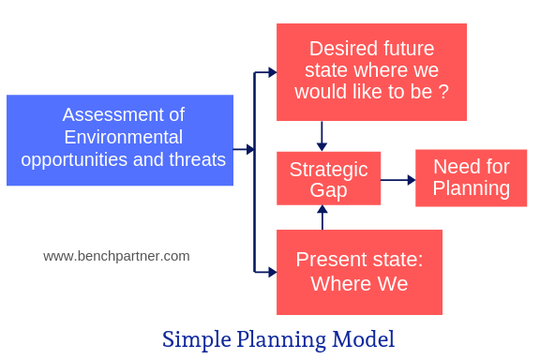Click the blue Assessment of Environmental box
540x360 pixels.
(120, 140)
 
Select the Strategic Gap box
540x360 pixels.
(328, 178)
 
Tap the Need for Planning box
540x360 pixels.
(471, 177)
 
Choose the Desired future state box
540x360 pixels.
(371, 71)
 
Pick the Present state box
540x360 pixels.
(359, 272)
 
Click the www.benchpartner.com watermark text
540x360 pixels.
(116, 255)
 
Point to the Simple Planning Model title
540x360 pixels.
(277, 338)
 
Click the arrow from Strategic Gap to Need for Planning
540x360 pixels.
(397, 179)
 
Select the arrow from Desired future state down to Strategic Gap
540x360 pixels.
(322, 136)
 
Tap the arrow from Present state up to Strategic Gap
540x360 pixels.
(322, 217)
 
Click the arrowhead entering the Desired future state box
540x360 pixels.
(272, 72)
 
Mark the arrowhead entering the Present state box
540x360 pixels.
(272, 272)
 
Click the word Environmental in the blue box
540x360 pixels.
(123, 137)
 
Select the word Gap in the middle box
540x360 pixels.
(328, 190)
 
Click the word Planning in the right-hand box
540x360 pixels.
(471, 188)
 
